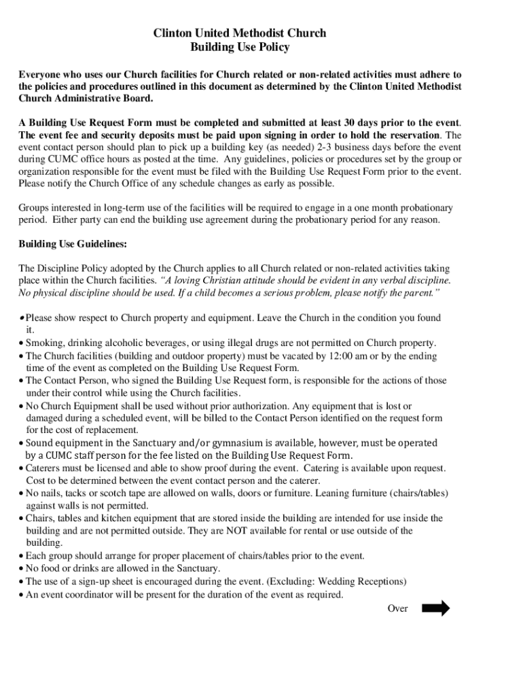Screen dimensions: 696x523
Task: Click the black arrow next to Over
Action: coord(435,608)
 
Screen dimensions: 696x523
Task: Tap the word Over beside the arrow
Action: coord(397,609)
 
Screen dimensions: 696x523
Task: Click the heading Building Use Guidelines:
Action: coord(73,244)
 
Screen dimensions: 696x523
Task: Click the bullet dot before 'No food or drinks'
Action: coord(21,569)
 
